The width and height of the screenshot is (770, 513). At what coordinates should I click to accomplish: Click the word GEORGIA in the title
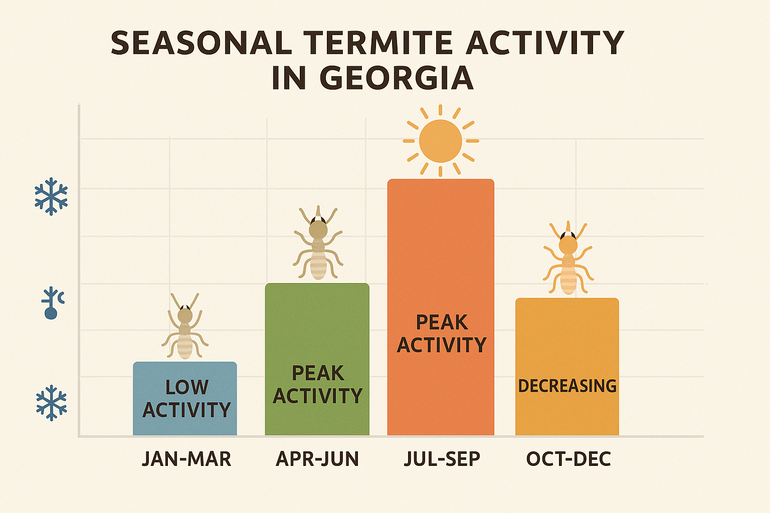[x=396, y=78]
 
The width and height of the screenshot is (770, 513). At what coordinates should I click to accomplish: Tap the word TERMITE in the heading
[x=379, y=43]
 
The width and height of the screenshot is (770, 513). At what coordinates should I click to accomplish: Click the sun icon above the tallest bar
[x=440, y=141]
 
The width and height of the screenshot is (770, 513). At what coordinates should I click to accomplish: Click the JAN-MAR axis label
[x=186, y=459]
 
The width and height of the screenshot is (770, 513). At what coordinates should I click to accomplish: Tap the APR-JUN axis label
[x=317, y=459]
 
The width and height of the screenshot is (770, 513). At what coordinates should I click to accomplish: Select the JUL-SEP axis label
[x=442, y=459]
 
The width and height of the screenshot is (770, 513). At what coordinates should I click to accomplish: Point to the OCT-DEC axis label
[x=568, y=459]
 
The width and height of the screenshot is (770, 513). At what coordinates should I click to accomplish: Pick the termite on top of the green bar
[x=318, y=243]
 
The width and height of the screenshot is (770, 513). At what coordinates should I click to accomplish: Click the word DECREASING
[x=567, y=386]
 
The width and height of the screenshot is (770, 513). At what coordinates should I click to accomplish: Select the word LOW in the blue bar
[x=186, y=387]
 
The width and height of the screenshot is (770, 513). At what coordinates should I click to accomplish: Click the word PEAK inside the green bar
[x=318, y=373]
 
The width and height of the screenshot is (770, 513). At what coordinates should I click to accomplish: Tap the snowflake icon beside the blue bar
[x=51, y=403]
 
